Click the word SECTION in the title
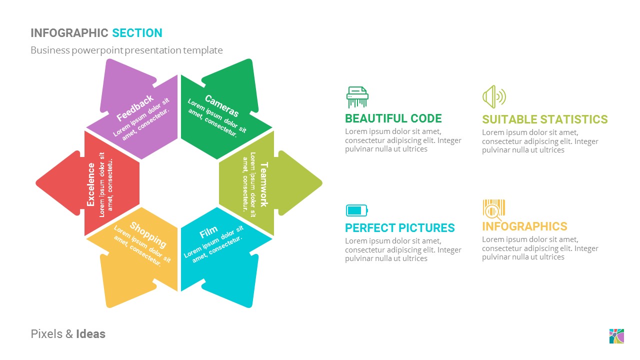(x=137, y=33)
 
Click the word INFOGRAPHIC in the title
(x=69, y=33)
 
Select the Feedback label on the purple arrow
(x=135, y=108)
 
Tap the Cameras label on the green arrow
(x=222, y=105)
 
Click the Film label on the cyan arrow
(x=208, y=232)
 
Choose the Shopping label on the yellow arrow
(x=148, y=234)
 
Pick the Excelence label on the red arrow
(x=91, y=184)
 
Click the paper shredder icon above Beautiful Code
(x=357, y=97)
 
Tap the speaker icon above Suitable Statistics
(x=493, y=96)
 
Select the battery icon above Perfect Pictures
(x=356, y=210)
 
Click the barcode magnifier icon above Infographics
(x=493, y=209)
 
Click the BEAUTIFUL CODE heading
(x=393, y=118)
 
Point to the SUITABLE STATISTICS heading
(x=544, y=119)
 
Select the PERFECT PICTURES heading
(x=399, y=228)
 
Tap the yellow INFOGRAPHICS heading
(x=524, y=226)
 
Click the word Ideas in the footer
(x=90, y=334)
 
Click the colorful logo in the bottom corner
(x=616, y=336)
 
